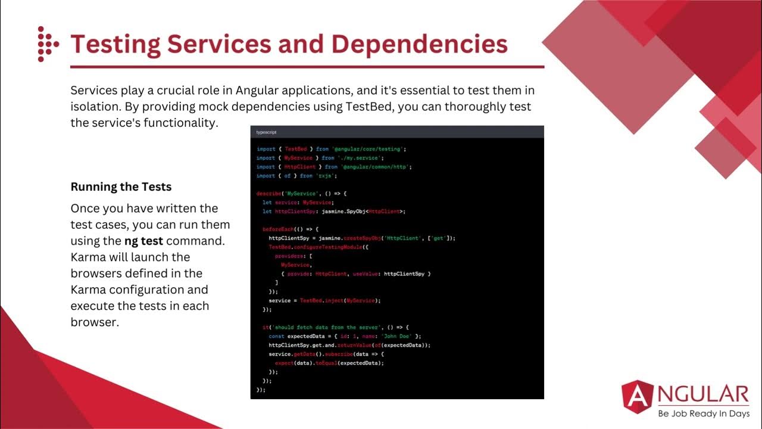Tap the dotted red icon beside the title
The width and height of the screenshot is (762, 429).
pyautogui.click(x=47, y=44)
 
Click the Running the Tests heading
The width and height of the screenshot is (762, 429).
pyautogui.click(x=121, y=187)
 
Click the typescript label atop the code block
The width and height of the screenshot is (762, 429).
pyautogui.click(x=266, y=132)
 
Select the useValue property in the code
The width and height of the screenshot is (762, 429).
pyautogui.click(x=366, y=273)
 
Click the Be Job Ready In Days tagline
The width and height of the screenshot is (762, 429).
pyautogui.click(x=703, y=414)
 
